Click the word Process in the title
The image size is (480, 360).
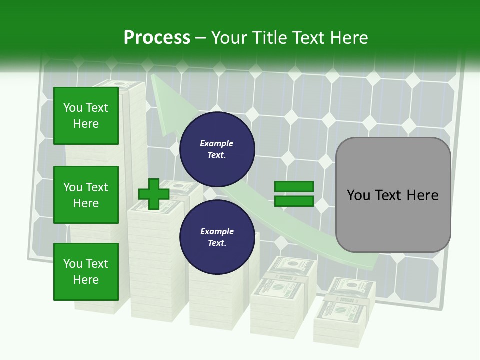click(157, 37)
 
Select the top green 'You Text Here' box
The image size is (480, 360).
click(86, 116)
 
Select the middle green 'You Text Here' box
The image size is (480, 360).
click(86, 195)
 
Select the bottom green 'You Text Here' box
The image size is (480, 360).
click(86, 272)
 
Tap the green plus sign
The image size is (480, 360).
click(153, 194)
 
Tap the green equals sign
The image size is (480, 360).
click(294, 194)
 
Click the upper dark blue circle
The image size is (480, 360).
click(217, 149)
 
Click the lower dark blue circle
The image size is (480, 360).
click(217, 237)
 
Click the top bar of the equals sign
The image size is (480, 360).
click(294, 187)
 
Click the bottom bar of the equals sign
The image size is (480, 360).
click(294, 201)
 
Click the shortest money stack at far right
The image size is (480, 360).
click(339, 315)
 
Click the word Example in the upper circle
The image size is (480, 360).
click(217, 143)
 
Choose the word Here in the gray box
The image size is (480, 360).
click(422, 195)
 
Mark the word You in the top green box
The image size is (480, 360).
click(72, 108)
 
